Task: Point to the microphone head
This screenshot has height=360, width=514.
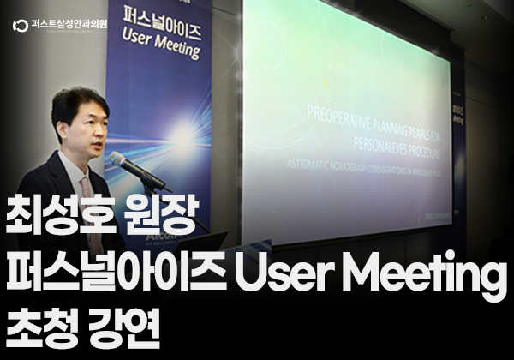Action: [118, 159]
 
